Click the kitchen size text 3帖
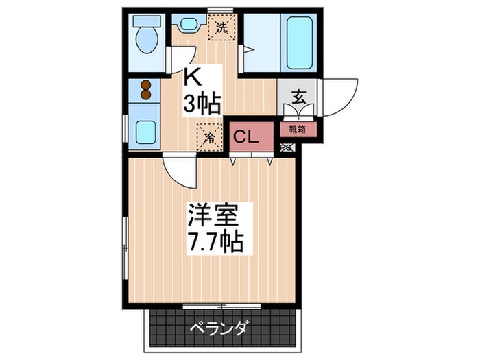point(202,104)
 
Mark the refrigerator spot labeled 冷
point(210,134)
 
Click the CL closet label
point(245,136)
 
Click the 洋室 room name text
point(213,215)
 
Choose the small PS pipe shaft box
point(287,147)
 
